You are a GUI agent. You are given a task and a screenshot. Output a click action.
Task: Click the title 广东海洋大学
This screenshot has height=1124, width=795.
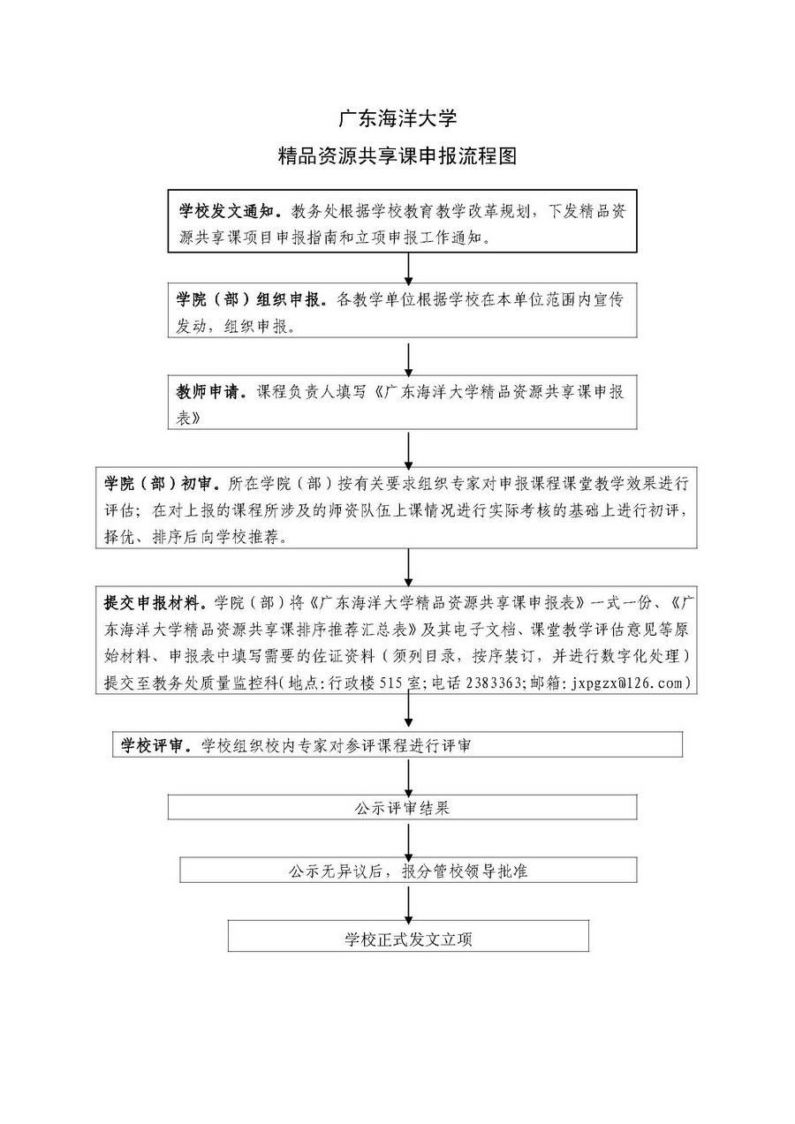(397, 118)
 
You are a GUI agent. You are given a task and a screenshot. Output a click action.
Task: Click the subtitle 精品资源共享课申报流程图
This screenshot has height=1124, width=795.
(397, 157)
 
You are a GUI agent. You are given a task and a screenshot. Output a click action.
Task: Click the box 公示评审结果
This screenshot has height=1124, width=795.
(402, 808)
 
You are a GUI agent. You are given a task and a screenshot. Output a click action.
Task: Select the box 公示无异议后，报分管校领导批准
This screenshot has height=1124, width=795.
(408, 871)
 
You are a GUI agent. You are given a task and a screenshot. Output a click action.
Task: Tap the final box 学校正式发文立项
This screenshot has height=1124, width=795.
(408, 939)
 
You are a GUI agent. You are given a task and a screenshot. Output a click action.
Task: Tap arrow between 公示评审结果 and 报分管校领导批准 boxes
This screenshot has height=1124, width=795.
(409, 839)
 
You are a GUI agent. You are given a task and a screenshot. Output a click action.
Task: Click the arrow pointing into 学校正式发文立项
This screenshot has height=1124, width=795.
(409, 902)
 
